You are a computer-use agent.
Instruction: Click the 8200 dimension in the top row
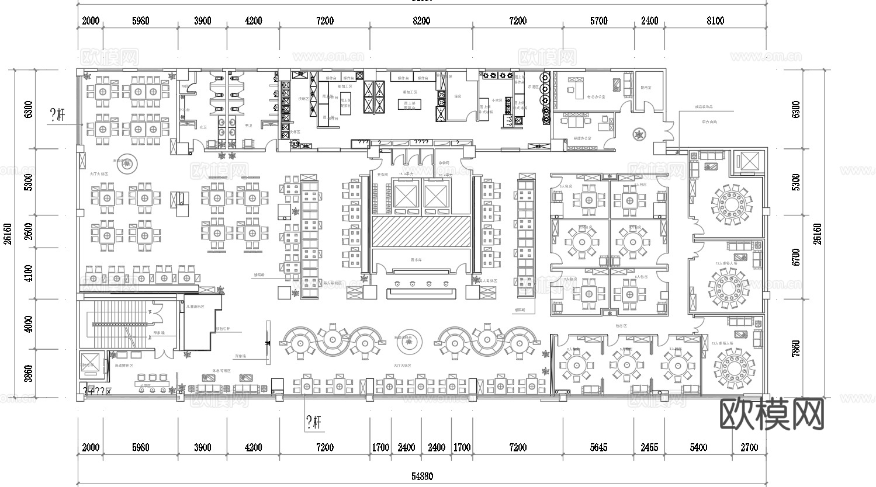coord(421,21)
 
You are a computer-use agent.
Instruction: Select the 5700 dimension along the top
coord(598,21)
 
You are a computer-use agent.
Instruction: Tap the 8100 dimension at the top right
coord(715,21)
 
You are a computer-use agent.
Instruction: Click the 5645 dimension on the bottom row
coord(598,448)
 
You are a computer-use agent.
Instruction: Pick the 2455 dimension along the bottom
coord(649,448)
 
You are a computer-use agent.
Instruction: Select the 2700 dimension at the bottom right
coord(749,448)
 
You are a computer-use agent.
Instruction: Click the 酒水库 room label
coord(417,260)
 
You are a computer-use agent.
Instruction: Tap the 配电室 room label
coord(646,88)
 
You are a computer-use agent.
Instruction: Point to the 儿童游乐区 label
coord(195,306)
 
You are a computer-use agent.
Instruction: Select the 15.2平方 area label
coord(406,174)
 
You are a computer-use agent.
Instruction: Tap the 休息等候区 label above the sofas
coord(221,371)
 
